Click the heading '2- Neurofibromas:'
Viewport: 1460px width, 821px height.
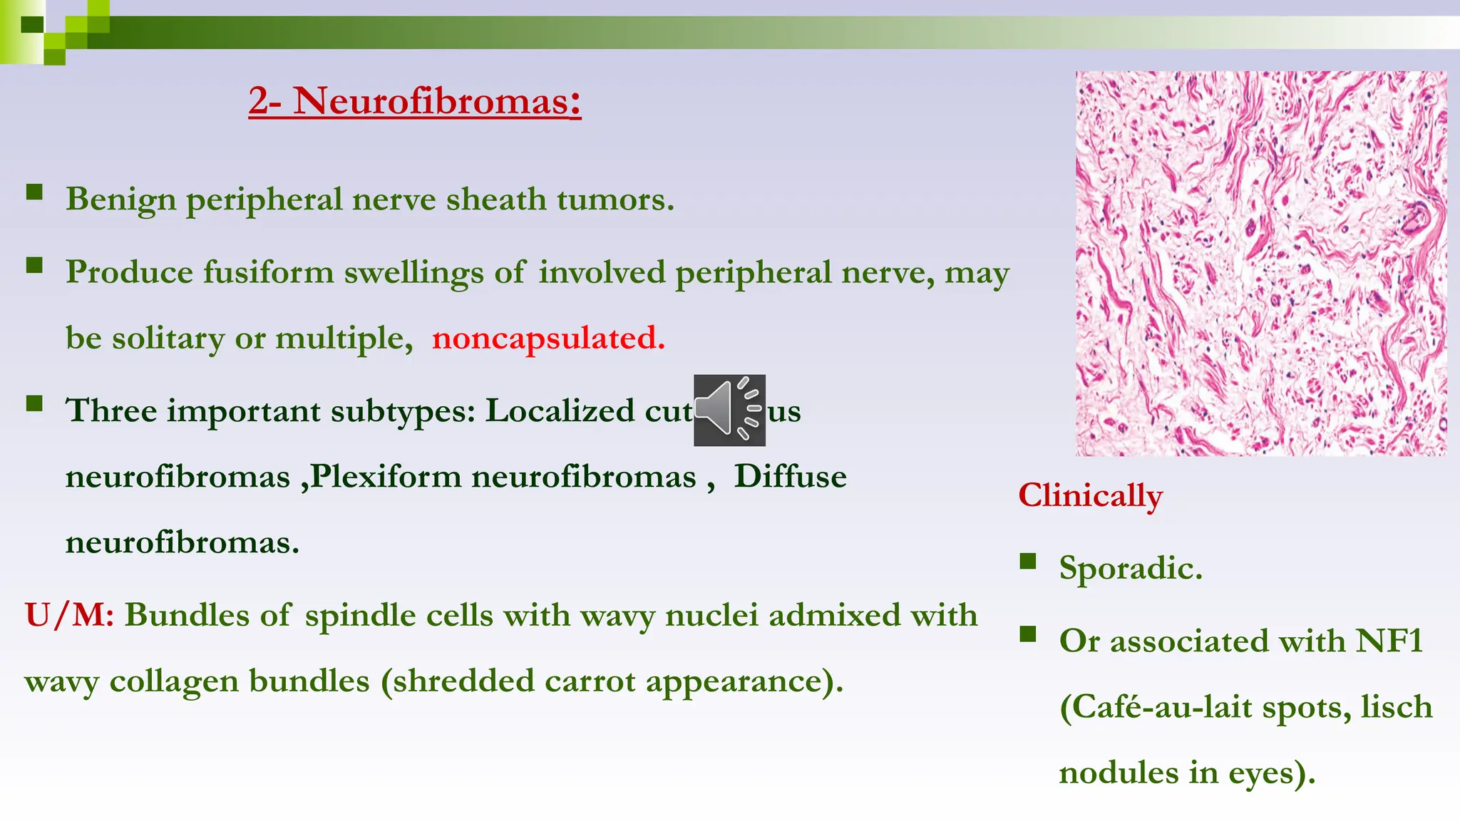tap(414, 101)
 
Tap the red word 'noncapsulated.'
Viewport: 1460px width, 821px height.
tap(548, 338)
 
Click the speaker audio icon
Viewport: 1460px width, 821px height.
tap(729, 410)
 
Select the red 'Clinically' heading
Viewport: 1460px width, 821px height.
tap(1090, 495)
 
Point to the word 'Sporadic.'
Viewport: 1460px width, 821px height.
tap(1131, 568)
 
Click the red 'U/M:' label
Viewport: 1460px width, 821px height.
tap(69, 615)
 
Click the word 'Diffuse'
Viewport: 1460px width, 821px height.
tap(790, 476)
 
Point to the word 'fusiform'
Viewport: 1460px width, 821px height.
tap(268, 272)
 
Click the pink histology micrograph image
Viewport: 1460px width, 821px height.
tap(1260, 263)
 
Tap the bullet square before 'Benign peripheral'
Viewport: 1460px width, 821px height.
tap(34, 192)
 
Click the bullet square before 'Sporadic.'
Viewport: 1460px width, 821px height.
tap(1027, 562)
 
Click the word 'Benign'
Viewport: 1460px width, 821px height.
tap(120, 200)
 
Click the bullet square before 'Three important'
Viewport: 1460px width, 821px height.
tap(34, 404)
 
